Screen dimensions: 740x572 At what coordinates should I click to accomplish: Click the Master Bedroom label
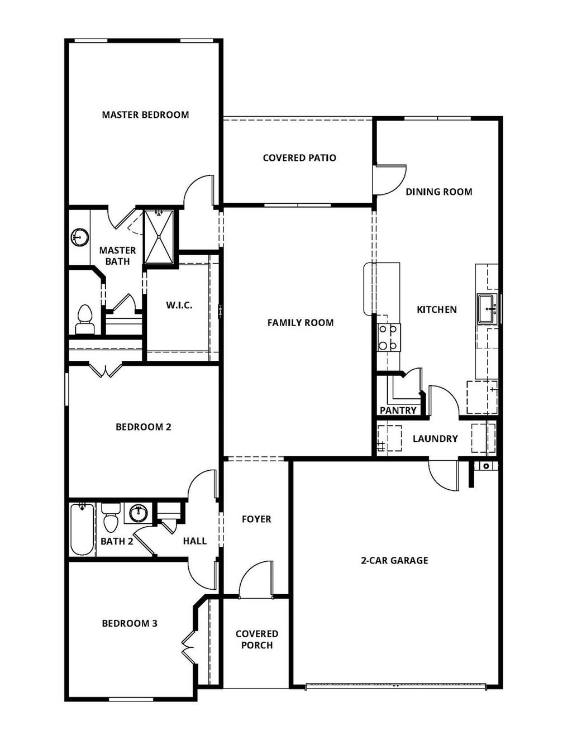[145, 115]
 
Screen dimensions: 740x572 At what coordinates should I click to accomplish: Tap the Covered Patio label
[299, 158]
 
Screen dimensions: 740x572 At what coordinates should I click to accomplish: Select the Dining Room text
[438, 192]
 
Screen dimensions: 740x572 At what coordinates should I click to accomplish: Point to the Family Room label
[300, 323]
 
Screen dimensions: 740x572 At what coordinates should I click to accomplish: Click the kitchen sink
[487, 309]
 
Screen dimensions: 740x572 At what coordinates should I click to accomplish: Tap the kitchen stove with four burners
[388, 337]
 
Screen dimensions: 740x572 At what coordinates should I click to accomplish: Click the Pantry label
[398, 410]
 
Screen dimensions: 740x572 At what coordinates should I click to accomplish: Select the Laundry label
[435, 439]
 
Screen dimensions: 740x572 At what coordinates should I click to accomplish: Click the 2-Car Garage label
[394, 561]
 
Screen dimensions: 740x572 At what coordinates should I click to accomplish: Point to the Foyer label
[256, 519]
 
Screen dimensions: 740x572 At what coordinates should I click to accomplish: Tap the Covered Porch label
[257, 639]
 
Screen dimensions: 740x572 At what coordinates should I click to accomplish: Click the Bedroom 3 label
[130, 623]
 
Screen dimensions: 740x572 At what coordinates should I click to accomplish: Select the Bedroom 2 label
[143, 427]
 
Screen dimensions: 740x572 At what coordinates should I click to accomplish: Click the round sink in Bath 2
[137, 512]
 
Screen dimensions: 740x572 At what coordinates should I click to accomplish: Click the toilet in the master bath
[85, 319]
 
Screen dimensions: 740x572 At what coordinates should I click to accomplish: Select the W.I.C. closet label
[179, 305]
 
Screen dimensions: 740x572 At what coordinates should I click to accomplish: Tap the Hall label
[194, 541]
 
